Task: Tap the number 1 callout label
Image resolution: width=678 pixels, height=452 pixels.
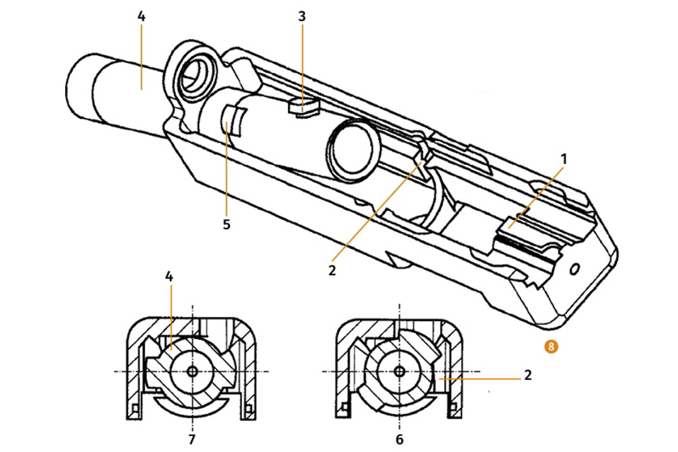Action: coord(564,159)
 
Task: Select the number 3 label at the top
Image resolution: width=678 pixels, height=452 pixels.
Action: coord(302,14)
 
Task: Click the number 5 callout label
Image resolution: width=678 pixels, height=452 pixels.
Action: coord(226,224)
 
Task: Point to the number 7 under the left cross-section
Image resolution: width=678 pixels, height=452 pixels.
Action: coord(192,439)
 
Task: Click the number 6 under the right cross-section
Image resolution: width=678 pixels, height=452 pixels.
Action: coord(400,439)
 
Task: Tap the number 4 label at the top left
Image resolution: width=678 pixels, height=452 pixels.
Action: coord(142,14)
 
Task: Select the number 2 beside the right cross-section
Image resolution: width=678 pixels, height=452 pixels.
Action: coord(528,376)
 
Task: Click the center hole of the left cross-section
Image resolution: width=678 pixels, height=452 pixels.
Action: coord(192,371)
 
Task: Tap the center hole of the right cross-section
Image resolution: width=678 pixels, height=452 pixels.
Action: coord(400,371)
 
